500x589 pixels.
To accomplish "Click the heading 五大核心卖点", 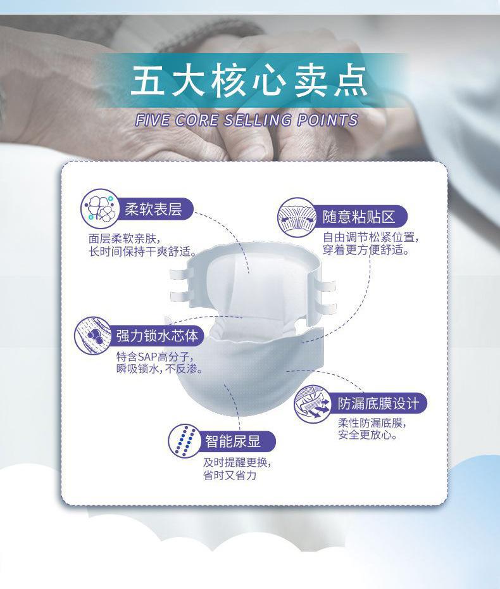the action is pos(249,81).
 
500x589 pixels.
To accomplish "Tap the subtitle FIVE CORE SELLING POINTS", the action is pos(247,120).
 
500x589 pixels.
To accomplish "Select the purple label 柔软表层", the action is pos(154,209).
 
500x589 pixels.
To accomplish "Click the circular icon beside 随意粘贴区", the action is pos(297,217).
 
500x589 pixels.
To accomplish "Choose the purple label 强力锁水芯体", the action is pos(157,336).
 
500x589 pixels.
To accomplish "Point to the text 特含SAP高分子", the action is pos(154,356).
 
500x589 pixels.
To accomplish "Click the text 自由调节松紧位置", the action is pos(370,237).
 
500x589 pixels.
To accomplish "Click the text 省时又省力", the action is pos(230,475).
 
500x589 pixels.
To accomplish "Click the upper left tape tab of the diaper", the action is pos(181,274).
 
